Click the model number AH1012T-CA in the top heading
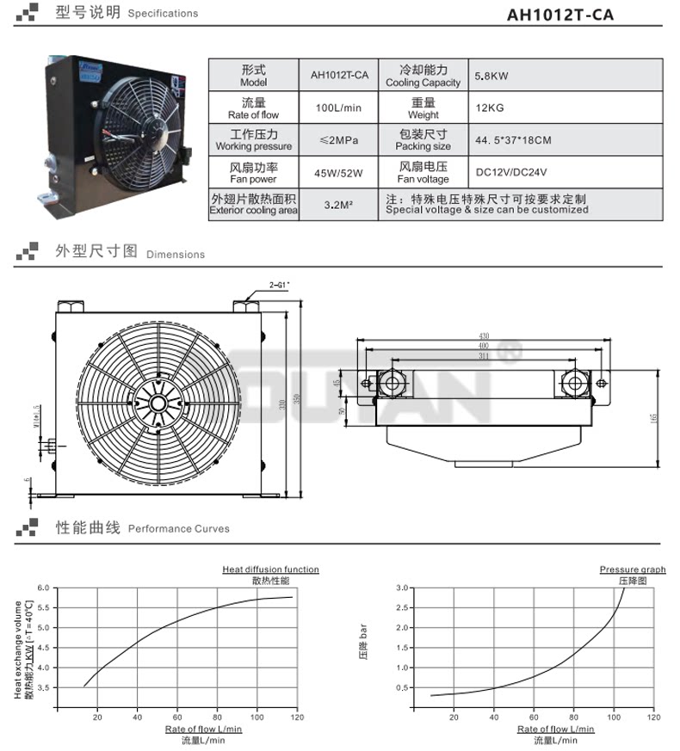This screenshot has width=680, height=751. [x=561, y=15]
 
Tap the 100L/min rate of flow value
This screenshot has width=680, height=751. [x=339, y=108]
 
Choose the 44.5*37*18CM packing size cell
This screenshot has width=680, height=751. [x=513, y=140]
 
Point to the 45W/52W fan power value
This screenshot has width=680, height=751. [x=339, y=173]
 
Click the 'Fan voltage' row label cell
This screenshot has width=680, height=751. [x=423, y=173]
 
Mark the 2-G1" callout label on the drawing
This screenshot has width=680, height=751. [x=279, y=284]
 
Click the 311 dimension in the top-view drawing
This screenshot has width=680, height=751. [x=486, y=354]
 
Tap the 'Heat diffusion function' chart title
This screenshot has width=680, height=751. [x=270, y=569]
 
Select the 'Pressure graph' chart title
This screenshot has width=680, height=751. [x=633, y=569]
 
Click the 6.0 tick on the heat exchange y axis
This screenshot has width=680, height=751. [x=45, y=588]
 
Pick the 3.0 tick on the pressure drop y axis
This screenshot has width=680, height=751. [x=400, y=588]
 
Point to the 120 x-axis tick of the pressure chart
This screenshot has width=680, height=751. [x=653, y=717]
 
